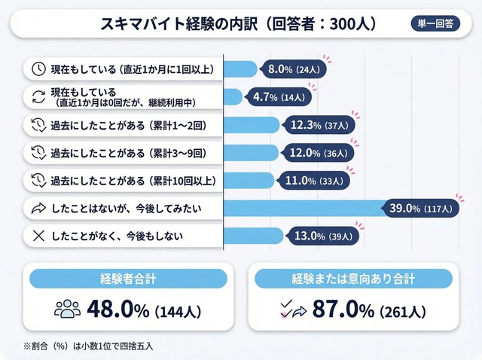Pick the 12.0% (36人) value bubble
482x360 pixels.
(x=315, y=153)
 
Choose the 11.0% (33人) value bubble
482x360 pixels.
(x=311, y=181)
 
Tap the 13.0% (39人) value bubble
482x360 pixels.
(x=319, y=235)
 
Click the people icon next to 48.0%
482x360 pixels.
(x=67, y=309)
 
